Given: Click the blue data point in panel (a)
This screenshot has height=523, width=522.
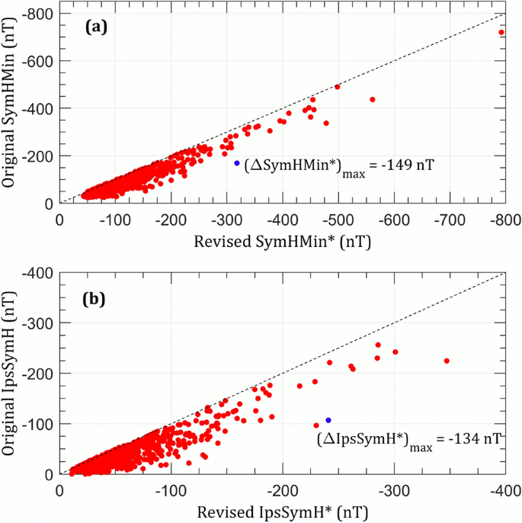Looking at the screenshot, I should coord(237,163).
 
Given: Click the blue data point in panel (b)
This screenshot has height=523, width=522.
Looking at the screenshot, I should coord(328,420).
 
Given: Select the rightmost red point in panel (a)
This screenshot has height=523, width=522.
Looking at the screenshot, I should coord(501,33).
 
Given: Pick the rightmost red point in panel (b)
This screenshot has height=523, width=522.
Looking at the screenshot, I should coord(447,361).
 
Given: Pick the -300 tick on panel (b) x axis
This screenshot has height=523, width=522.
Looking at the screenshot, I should coord(393,489).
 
